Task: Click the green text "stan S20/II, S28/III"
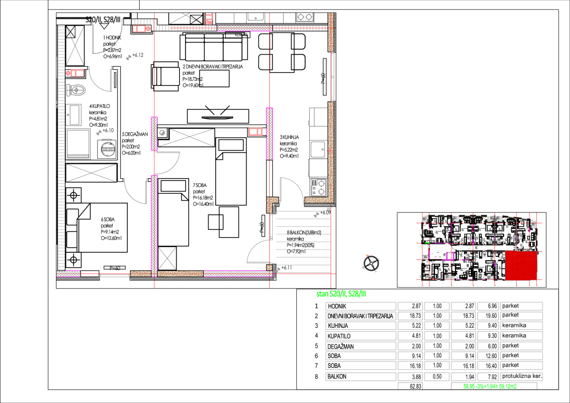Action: click(x=341, y=294)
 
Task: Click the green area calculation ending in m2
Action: click(x=490, y=386)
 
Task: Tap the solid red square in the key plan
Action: click(x=521, y=266)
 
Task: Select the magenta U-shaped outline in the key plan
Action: click(x=450, y=256)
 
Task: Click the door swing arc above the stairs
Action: click(x=292, y=188)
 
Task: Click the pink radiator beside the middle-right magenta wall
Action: click(x=255, y=132)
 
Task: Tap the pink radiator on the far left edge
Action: click(x=76, y=73)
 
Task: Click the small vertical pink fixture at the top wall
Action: click(x=209, y=19)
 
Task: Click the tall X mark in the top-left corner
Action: click(x=75, y=46)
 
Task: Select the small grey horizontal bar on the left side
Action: click(x=78, y=156)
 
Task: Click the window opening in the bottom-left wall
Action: click(x=114, y=275)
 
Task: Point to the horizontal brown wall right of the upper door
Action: click(x=317, y=200)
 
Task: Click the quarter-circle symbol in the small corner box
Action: click(x=163, y=133)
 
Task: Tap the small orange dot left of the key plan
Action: click(x=367, y=256)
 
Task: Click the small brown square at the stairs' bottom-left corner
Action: click(x=269, y=268)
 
